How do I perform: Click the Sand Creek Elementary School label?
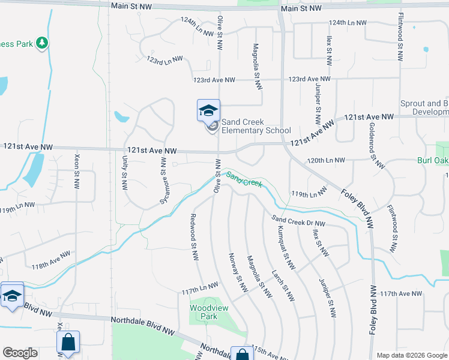coord(256,127)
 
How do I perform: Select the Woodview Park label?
coord(203,311)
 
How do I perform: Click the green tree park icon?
coord(41,43)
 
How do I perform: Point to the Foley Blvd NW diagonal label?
coord(359,208)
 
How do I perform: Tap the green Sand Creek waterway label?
coord(244,179)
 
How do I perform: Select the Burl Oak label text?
coord(433,161)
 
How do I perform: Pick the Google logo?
coord(20,353)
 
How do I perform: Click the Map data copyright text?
coord(411,355)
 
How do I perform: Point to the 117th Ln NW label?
coord(201,290)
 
